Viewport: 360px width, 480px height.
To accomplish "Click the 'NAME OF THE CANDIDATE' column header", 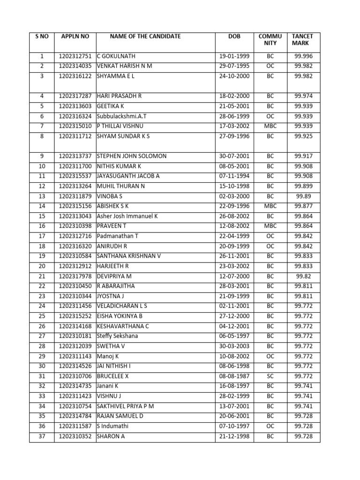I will coord(145,37).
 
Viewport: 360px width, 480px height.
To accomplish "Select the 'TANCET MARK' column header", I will coord(302,40).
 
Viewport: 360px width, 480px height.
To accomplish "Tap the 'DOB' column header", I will coord(234,37).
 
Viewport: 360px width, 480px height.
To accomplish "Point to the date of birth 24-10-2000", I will coord(234,76).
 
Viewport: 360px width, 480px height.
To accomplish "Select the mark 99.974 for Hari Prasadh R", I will coord(302,96).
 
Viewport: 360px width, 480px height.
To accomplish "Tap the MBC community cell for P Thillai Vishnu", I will coord(270,126).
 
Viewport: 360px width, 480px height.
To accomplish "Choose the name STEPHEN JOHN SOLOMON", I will coord(131,156).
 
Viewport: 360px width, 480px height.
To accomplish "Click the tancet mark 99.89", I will coord(302,196).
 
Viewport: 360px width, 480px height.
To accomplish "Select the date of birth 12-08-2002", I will coord(234,226).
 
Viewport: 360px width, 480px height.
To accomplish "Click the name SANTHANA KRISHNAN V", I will coord(129,256).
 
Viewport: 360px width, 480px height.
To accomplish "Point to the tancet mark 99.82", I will coord(302,276).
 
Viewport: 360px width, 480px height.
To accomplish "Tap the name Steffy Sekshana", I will coord(117,336).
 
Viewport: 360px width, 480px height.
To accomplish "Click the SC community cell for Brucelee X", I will coord(270,376).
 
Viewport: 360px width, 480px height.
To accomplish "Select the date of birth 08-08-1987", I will coord(234,376).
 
